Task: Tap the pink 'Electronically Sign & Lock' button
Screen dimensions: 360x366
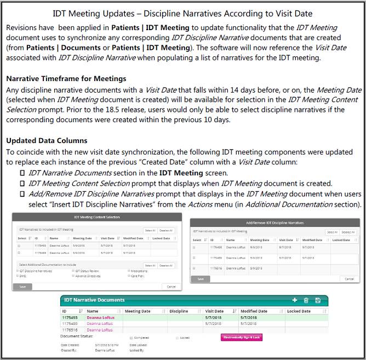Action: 241,337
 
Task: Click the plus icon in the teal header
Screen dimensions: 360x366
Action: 294,300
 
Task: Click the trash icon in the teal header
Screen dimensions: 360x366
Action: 306,300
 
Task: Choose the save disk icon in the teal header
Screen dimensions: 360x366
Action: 318,300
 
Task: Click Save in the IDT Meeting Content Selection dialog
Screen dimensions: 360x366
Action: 22,287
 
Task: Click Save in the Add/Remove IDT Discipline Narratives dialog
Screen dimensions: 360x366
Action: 200,278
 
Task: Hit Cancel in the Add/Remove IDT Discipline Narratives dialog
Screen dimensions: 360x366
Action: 349,278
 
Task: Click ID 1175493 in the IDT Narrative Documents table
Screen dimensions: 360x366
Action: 70,317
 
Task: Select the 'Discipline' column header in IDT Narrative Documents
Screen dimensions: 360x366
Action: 179,311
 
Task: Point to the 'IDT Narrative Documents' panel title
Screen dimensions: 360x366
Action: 94,300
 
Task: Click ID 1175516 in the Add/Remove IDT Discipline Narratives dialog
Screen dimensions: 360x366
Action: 216,268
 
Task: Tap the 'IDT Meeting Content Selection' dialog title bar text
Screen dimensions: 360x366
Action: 95,217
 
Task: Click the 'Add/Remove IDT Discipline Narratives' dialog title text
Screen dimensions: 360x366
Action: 274,223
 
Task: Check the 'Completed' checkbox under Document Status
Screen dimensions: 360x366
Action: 131,338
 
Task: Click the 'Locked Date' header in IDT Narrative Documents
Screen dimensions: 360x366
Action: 299,311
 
